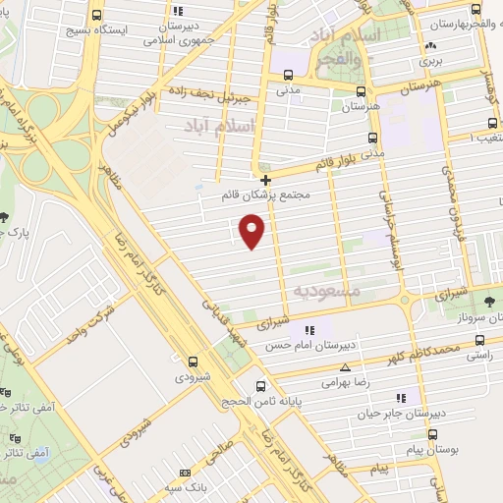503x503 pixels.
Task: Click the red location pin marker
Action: coord(252,231)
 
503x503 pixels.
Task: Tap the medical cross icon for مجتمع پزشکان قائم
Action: coord(266,179)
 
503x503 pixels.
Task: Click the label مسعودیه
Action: coord(327,292)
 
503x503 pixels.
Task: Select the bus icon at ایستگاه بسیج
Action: coord(95,17)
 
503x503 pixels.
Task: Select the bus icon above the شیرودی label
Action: coord(193,361)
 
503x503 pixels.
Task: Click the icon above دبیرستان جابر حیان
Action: coord(400,398)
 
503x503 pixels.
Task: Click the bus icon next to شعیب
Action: coord(492,125)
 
